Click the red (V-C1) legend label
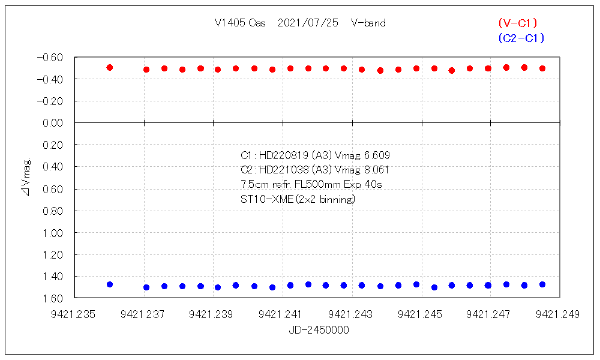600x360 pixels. [517, 23]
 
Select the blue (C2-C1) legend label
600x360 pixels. [521, 38]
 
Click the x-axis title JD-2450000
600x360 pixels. [319, 330]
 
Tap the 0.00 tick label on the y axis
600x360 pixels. [53, 123]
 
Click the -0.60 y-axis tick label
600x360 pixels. [50, 58]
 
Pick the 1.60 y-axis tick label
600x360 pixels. [53, 298]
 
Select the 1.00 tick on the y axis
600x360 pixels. [53, 233]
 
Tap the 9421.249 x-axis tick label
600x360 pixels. [558, 314]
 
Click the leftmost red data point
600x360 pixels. [110, 68]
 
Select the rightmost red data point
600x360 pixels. [542, 68]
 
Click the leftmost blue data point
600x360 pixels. [110, 284]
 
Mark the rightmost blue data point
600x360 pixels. [542, 284]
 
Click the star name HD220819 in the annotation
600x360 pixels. [282, 155]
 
